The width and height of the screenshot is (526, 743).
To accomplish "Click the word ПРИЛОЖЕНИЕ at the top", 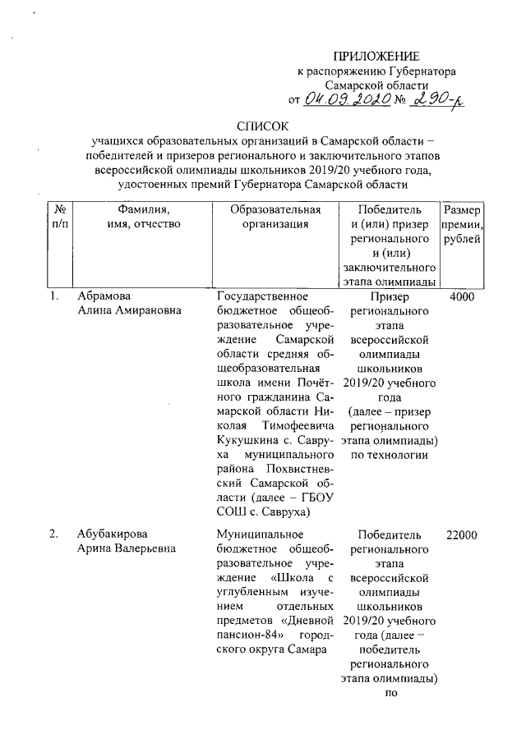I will coord(376,56).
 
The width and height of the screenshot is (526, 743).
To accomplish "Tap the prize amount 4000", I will coord(463,297).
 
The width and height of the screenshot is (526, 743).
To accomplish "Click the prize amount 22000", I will coord(463,534).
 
